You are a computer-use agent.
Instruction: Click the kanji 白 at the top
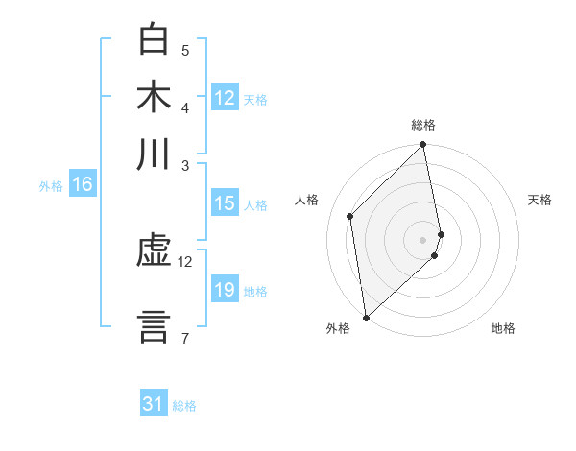click(154, 40)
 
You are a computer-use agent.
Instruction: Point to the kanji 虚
click(154, 254)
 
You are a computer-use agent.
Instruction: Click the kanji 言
click(154, 324)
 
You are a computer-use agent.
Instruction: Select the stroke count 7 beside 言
click(184, 338)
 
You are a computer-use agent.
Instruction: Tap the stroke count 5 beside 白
click(184, 51)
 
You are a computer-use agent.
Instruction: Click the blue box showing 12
click(225, 98)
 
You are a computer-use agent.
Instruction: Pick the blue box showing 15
click(225, 203)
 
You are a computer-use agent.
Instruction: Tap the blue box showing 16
click(83, 185)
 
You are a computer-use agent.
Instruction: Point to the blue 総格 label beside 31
click(184, 406)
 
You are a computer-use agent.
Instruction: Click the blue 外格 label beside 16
click(51, 186)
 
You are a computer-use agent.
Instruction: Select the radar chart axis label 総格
click(423, 125)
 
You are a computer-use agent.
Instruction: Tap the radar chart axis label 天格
click(540, 200)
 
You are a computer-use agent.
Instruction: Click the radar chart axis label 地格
click(503, 329)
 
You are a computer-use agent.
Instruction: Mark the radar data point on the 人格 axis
click(350, 216)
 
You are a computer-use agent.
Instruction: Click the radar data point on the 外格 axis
click(366, 317)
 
